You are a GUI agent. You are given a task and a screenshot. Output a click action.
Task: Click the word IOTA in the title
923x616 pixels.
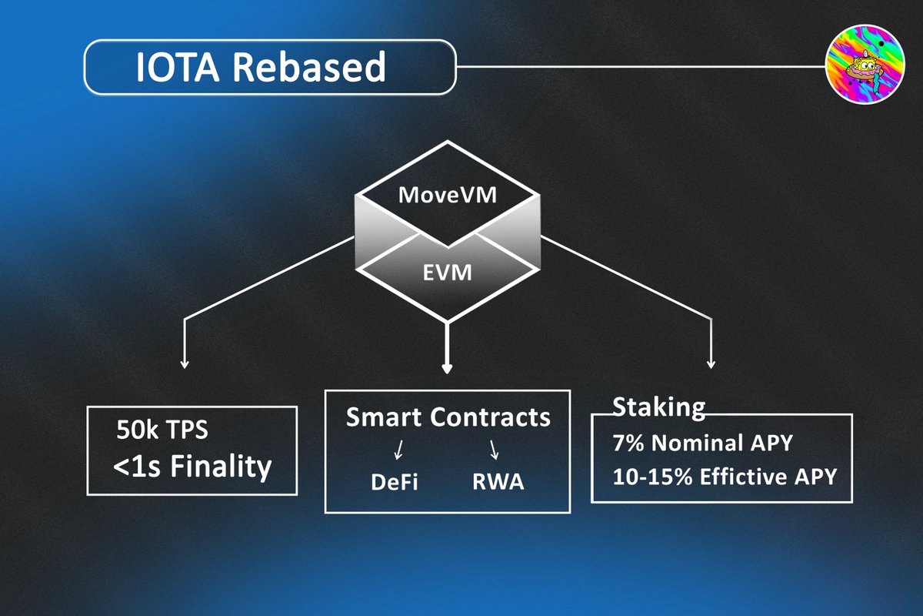(177, 67)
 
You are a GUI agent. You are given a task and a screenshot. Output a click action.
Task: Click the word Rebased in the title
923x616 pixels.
(309, 66)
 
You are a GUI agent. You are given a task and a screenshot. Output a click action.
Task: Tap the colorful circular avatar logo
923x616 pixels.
(865, 65)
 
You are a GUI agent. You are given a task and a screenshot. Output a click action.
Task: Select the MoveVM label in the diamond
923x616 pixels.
(448, 195)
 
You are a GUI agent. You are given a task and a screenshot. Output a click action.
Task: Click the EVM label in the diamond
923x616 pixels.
(448, 273)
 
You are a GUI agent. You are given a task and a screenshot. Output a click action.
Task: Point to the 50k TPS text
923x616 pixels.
(162, 430)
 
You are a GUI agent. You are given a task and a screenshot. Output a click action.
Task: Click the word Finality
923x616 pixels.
(221, 467)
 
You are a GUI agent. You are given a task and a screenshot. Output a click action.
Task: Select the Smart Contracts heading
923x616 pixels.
(448, 417)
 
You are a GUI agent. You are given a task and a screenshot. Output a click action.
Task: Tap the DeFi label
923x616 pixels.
(395, 481)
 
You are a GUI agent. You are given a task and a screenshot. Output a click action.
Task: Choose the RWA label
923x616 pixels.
(498, 481)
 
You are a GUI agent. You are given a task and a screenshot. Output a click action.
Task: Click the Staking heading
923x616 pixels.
(658, 408)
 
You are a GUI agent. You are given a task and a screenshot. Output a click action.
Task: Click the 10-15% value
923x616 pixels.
(652, 477)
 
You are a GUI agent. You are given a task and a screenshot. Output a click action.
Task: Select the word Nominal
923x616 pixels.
(697, 443)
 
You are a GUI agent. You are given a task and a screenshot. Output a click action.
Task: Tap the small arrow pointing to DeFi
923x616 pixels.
(398, 450)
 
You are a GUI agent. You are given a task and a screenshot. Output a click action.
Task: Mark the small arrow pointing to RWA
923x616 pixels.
(494, 450)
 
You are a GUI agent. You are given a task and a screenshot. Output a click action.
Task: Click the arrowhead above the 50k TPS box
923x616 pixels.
(185, 365)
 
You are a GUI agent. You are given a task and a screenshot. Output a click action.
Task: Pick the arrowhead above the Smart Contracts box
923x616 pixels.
(447, 368)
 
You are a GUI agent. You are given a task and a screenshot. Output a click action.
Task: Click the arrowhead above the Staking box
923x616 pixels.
(711, 365)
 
